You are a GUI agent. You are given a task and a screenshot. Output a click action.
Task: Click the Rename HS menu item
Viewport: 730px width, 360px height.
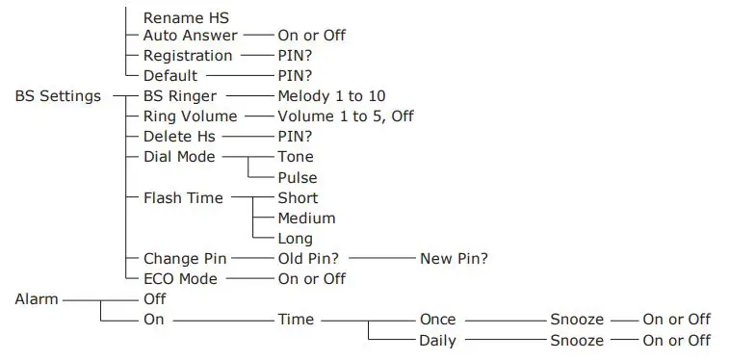point(185,17)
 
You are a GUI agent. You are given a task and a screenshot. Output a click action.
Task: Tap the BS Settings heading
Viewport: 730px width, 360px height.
point(58,96)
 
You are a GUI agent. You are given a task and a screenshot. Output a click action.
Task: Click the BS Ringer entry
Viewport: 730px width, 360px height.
point(180,96)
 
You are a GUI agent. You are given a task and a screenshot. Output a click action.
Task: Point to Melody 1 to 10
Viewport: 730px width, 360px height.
point(331,96)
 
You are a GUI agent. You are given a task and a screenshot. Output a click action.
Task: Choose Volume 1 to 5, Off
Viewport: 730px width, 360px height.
point(346,116)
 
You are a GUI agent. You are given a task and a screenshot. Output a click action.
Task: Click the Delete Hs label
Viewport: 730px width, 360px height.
point(179,137)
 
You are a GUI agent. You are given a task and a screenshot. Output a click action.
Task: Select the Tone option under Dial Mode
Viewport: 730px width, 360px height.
point(296,157)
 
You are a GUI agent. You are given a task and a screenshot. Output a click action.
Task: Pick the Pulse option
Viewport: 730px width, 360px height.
point(298,178)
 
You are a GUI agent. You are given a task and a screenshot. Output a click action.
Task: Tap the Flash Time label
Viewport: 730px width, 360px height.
point(183,198)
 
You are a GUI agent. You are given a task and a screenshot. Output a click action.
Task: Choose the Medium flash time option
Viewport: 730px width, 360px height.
point(306,219)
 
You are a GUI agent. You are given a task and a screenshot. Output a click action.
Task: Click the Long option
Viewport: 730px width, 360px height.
point(295,239)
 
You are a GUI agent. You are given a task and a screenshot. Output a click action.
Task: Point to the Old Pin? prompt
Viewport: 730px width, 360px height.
point(313,259)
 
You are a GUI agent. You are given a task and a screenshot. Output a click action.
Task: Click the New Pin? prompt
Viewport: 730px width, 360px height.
point(454,259)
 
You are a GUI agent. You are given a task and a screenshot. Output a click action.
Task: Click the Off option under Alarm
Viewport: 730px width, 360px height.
point(154,299)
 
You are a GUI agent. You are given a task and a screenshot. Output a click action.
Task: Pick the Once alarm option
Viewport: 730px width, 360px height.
point(437,320)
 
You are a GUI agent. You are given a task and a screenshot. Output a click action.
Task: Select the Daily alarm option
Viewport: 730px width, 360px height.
point(437,341)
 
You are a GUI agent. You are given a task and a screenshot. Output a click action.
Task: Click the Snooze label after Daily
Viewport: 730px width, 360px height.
point(577,341)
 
